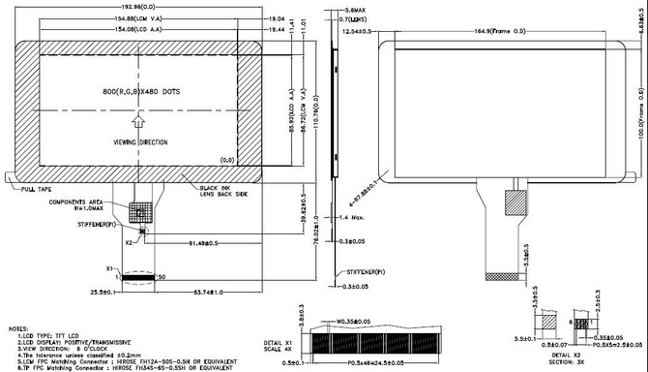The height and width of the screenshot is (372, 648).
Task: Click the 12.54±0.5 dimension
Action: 361,32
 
